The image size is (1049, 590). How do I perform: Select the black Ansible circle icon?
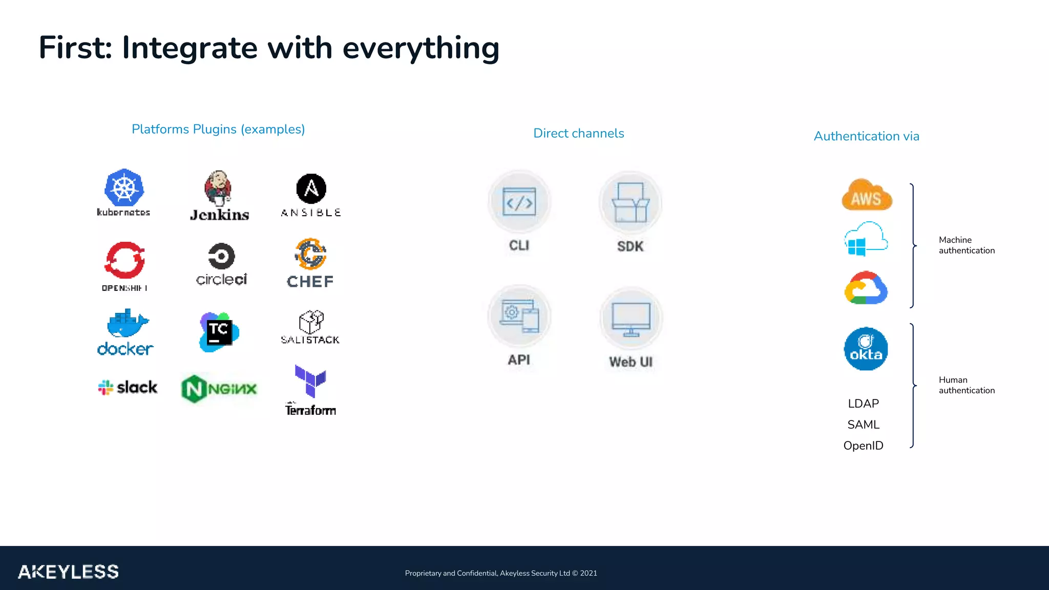[311, 188]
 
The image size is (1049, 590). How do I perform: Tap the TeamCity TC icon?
[219, 332]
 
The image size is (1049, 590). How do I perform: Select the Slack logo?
[128, 387]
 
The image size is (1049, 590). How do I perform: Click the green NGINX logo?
[219, 389]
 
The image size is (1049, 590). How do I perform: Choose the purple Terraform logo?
[310, 381]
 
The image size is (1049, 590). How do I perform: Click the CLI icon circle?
[519, 202]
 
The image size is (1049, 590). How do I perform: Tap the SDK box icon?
[631, 203]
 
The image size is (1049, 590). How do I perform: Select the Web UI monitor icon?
[631, 319]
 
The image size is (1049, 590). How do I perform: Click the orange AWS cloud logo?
[866, 195]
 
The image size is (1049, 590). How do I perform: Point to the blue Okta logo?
[866, 349]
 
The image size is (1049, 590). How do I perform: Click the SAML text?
[863, 425]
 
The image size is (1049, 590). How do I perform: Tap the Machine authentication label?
[966, 245]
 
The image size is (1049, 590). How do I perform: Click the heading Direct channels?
[578, 134]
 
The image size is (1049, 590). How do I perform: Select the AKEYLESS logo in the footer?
[68, 572]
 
